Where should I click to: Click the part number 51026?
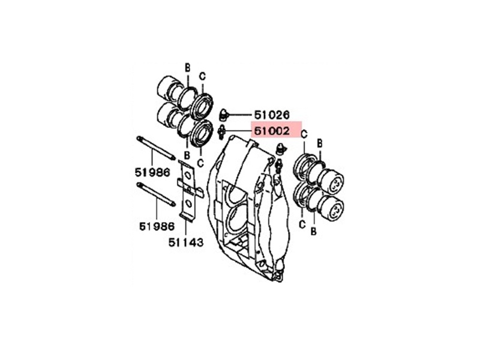point(272,115)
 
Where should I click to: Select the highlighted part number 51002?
point(272,131)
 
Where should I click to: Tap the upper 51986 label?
point(152,172)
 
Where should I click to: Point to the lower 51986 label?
point(157,226)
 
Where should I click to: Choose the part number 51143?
point(186,242)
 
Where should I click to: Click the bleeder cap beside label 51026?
point(224,115)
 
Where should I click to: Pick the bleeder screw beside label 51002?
point(221,132)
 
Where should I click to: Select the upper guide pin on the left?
point(156,148)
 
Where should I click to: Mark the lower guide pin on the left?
point(156,194)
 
